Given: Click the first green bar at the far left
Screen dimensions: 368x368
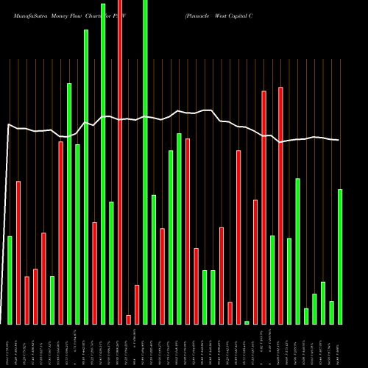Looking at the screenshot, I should (10, 280).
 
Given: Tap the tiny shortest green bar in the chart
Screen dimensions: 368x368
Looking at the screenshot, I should (247, 322).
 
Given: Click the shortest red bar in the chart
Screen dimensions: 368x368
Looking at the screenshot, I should (129, 319).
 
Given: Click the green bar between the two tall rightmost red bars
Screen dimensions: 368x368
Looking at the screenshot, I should (272, 280).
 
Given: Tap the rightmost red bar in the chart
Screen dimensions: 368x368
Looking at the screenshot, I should (280, 205).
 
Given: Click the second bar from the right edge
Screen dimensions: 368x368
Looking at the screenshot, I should (331, 312).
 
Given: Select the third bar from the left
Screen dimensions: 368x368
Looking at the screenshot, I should (26, 300).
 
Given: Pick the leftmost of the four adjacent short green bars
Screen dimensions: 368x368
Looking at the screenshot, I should (306, 316).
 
